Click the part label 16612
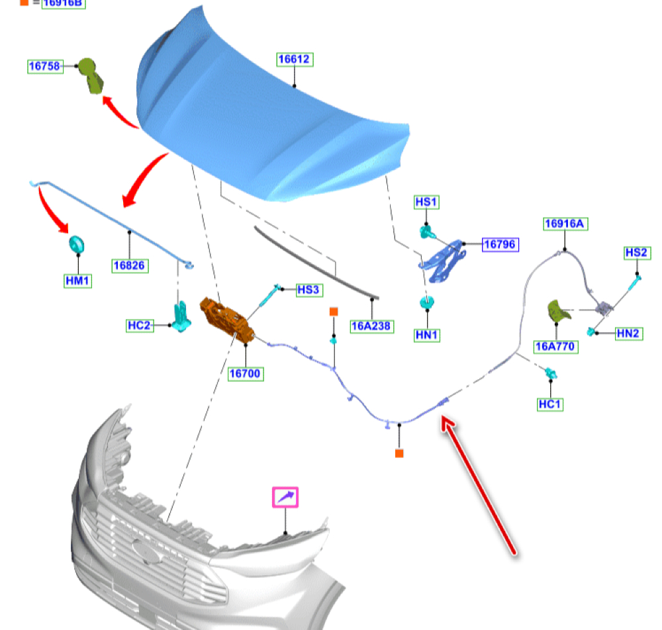pos(294,60)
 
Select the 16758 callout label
pos(45,66)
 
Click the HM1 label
pos(77,281)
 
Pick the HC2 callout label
pos(140,325)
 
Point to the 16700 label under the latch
pos(246,373)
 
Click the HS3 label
pos(308,289)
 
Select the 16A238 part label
pos(371,326)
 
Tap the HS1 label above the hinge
pos(426,202)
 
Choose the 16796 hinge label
pos(499,245)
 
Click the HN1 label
pos(427,336)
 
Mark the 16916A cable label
pos(565,224)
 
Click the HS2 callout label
pos(637,253)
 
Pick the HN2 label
pos(628,334)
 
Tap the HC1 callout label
pos(550,404)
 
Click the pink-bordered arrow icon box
pos(286,497)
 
